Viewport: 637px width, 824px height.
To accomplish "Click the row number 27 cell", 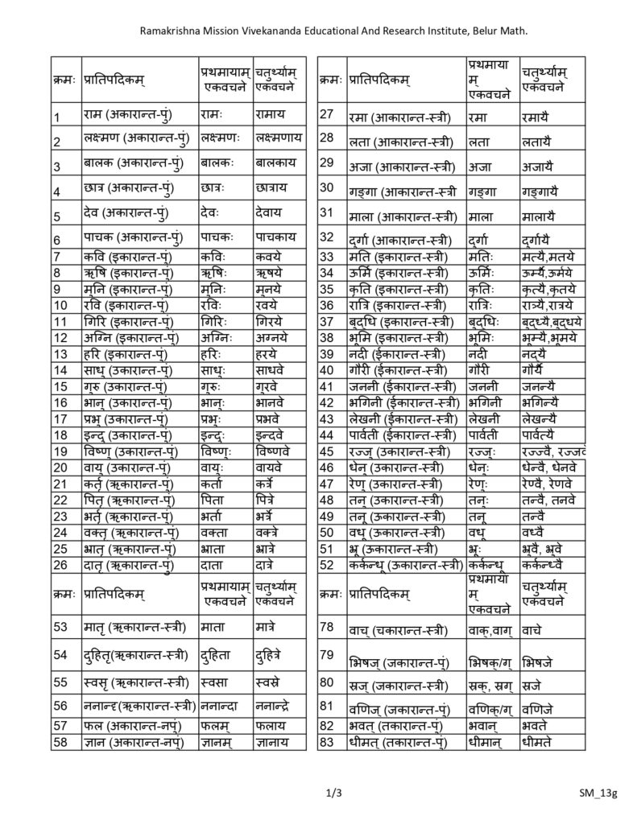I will point(327,114).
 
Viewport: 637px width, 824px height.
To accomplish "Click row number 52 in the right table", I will point(327,563).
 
